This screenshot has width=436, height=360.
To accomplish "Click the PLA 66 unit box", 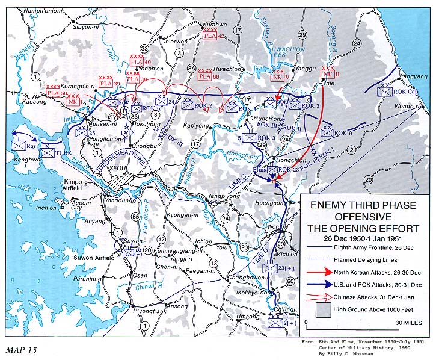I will (x=204, y=76).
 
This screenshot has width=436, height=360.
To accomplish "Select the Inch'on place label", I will (x=46, y=209).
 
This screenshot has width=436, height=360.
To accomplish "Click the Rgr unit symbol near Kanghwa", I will (x=20, y=145).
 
